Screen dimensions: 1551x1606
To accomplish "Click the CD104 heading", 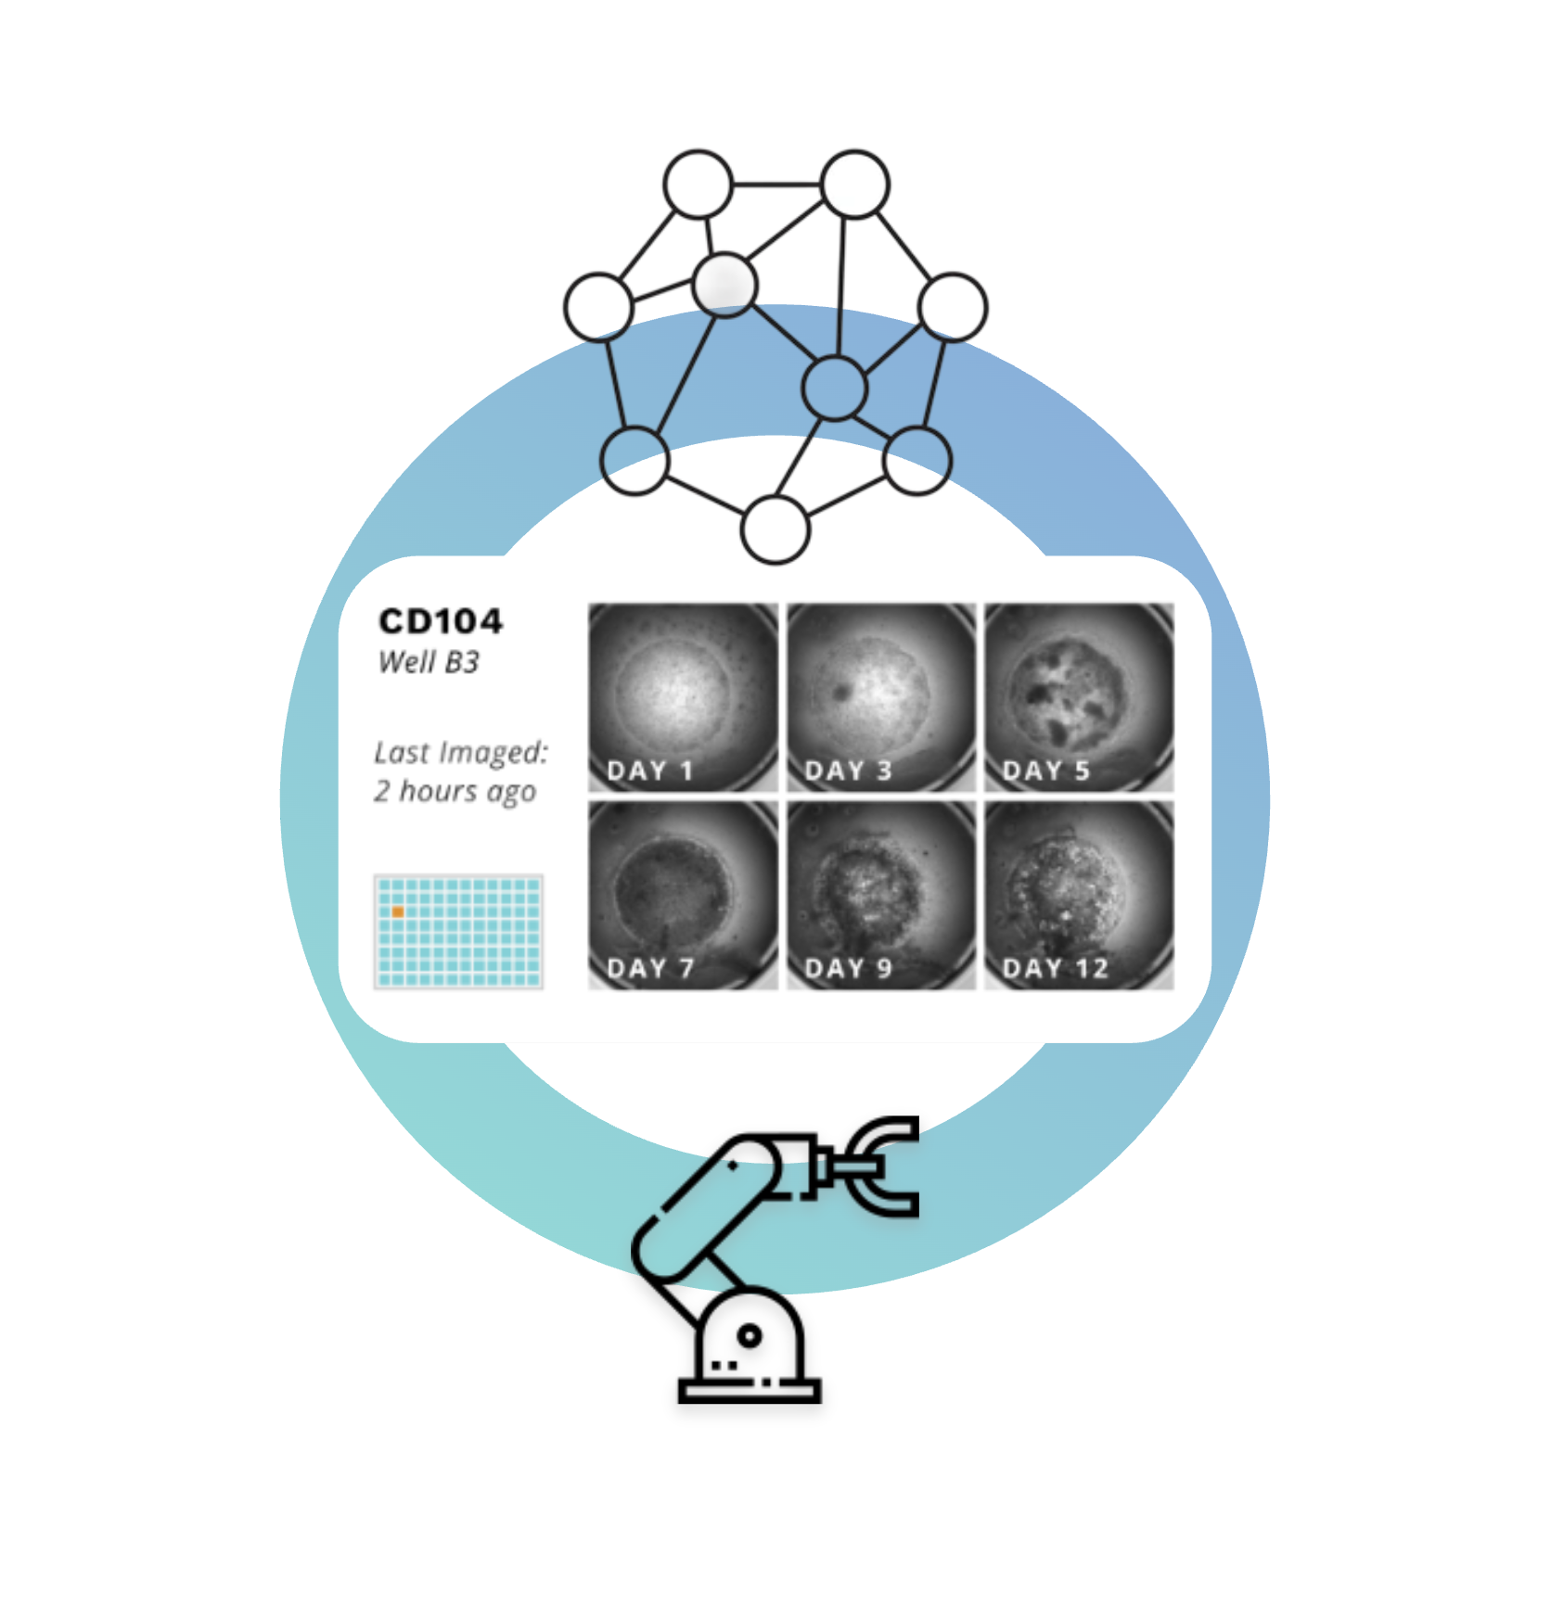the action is coord(441,621).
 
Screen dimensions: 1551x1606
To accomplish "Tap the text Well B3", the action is coord(429,662).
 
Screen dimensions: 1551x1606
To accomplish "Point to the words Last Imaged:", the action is coord(461,752).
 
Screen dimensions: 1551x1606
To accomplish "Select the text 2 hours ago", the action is coord(455,791).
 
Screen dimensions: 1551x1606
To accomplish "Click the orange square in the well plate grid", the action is coord(398,912).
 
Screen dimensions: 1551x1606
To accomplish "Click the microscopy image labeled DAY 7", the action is coord(683,894).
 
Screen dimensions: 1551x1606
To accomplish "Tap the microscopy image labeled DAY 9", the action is coord(881,894).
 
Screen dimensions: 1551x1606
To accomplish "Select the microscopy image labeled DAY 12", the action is coord(1079,894).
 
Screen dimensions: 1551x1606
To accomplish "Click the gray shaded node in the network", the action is coord(724,284).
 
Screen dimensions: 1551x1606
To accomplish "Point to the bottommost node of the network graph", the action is coord(775,529).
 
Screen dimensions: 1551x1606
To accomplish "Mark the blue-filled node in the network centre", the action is coord(835,387).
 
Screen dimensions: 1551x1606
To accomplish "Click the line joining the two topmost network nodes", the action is coord(777,185).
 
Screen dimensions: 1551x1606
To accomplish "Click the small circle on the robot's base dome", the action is coord(750,1336).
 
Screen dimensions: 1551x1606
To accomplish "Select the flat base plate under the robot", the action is coord(750,1392).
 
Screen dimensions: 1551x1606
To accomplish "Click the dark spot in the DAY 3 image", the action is coord(842,691).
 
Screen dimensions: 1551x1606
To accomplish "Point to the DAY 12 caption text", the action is coord(1056,969).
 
